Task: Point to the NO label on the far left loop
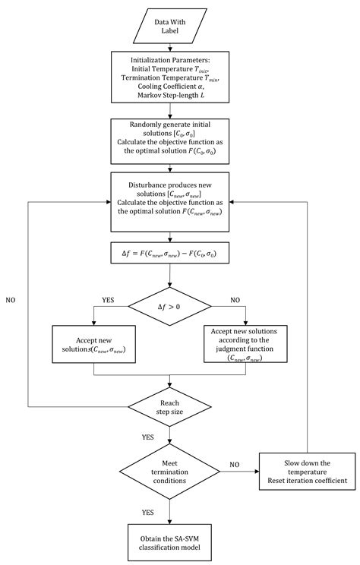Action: click(10, 301)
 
